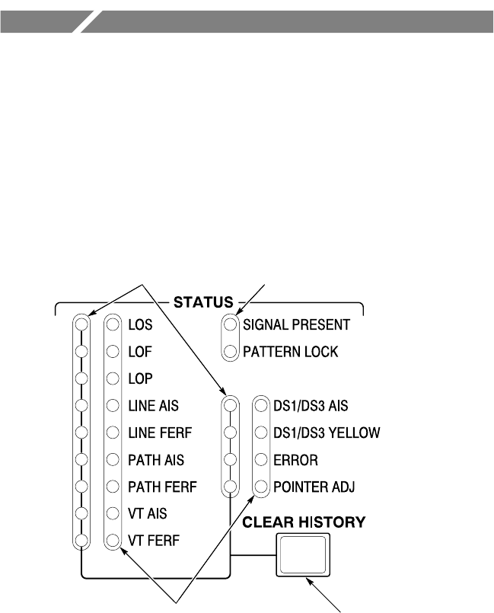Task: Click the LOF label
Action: (x=139, y=352)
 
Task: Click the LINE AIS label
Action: (x=154, y=406)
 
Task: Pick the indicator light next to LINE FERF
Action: (x=113, y=433)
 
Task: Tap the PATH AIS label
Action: (x=155, y=460)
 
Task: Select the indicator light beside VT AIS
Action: (x=113, y=514)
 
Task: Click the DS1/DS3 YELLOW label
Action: (x=326, y=433)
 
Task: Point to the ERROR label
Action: (x=296, y=460)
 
